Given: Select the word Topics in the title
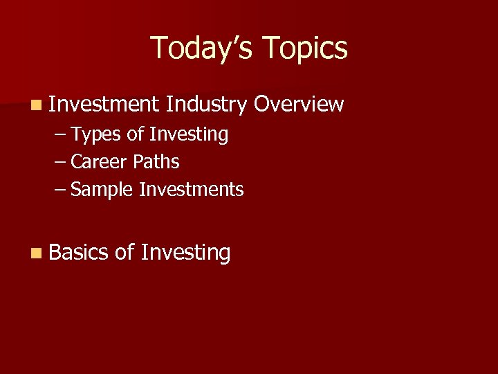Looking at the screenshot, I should pyautogui.click(x=305, y=48).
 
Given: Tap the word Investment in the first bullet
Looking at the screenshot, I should pyautogui.click(x=104, y=104).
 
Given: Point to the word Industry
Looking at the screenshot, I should pyautogui.click(x=206, y=104).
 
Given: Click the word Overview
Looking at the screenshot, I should pyautogui.click(x=299, y=104).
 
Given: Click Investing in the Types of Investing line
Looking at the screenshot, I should pyautogui.click(x=188, y=134).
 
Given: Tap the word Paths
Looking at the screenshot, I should pyautogui.click(x=156, y=162).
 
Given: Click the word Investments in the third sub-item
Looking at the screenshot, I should pyautogui.click(x=191, y=190).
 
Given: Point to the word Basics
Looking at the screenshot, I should pyautogui.click(x=79, y=253).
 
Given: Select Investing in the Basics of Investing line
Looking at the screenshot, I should pyautogui.click(x=185, y=253).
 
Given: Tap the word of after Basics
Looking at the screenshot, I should pyautogui.click(x=124, y=253).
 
